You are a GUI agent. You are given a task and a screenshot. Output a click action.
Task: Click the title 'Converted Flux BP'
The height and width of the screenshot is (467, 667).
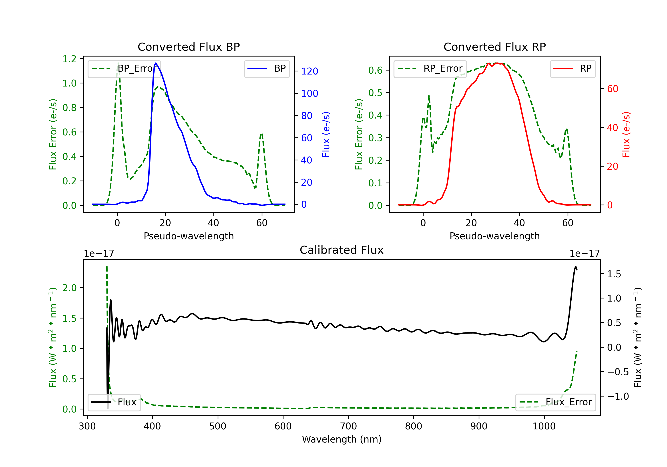coord(189,47)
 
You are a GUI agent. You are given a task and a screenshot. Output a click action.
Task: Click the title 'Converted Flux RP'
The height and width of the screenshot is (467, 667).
coord(494,47)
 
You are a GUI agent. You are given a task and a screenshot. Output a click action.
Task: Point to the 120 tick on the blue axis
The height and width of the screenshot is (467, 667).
coord(309,71)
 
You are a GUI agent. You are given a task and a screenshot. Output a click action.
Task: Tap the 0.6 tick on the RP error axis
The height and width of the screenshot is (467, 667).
coord(375,70)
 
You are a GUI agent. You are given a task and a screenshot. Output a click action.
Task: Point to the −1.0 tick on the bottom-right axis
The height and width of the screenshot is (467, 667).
coord(618,396)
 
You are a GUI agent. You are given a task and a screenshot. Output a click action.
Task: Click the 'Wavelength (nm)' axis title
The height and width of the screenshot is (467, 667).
coord(342,439)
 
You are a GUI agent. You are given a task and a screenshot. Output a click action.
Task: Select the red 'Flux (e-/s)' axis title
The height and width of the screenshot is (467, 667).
coord(626,134)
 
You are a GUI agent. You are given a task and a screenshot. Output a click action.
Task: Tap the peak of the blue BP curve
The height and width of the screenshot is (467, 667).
coord(156,63)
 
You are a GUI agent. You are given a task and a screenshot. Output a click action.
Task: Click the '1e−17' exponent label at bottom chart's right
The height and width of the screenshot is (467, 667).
coord(585,254)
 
